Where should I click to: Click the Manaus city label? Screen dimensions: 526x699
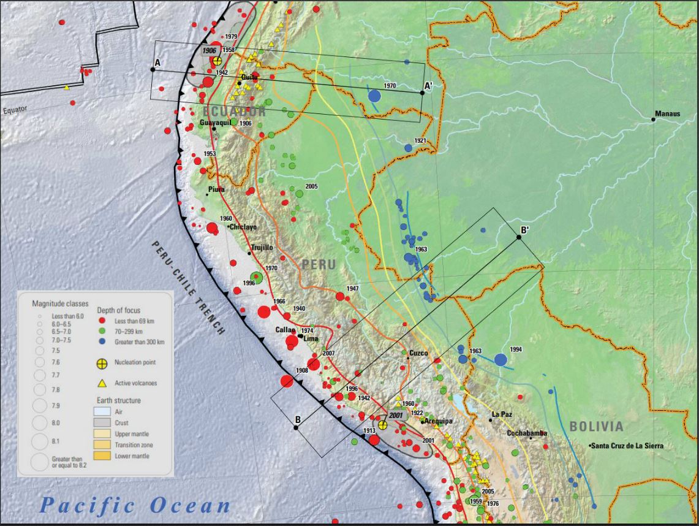coord(667,113)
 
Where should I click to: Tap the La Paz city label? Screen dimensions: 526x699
coord(501,414)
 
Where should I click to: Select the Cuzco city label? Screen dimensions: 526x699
coord(418,353)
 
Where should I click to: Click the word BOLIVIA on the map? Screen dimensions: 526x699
coord(596,427)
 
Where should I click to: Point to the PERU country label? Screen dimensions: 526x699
coord(319,265)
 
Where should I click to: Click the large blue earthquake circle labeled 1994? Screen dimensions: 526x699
coord(501,360)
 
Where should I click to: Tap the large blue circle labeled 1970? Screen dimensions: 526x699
coord(374,96)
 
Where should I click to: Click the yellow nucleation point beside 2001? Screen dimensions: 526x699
coord(383,425)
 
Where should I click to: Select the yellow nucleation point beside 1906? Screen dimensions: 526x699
coord(217,60)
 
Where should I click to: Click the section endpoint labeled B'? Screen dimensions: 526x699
coord(519,237)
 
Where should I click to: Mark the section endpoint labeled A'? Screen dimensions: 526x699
coord(423,92)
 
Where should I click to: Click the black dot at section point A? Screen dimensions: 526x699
coord(153,69)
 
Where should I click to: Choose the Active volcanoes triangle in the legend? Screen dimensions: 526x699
coord(102,383)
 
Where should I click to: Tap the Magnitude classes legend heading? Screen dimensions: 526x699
coord(60,303)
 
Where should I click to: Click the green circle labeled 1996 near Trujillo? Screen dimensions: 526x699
coord(257,278)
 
